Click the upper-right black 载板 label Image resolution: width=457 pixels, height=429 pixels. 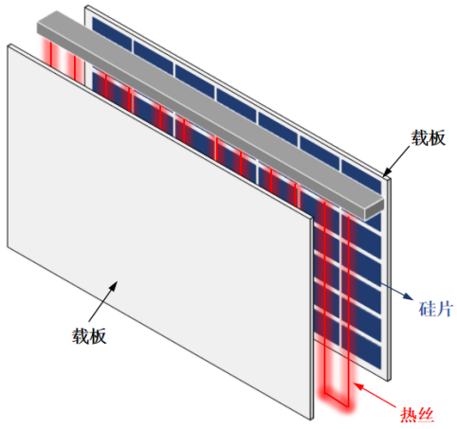(428, 137)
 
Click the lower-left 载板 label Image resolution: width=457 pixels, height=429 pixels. (89, 335)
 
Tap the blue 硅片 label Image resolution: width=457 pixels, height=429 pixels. (436, 309)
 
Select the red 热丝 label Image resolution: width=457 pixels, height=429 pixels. (417, 415)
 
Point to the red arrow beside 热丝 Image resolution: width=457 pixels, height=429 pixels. (375, 395)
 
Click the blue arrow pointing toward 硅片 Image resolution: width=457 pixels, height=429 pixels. (396, 291)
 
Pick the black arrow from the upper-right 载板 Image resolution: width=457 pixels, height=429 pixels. (396, 161)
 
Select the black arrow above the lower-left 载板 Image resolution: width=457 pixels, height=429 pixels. (103, 301)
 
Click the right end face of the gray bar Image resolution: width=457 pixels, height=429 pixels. (375, 209)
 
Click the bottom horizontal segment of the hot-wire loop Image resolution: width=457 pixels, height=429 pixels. (337, 401)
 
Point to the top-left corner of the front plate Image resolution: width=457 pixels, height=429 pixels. (8, 46)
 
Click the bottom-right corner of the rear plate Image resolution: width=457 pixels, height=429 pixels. (389, 381)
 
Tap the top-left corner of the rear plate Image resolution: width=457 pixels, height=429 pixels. (85, 7)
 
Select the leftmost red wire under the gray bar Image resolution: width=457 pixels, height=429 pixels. (50, 54)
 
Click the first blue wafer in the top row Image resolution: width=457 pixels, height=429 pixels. (112, 34)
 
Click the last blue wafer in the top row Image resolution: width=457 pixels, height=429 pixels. (361, 176)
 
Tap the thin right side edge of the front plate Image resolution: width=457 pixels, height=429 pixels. (312, 318)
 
